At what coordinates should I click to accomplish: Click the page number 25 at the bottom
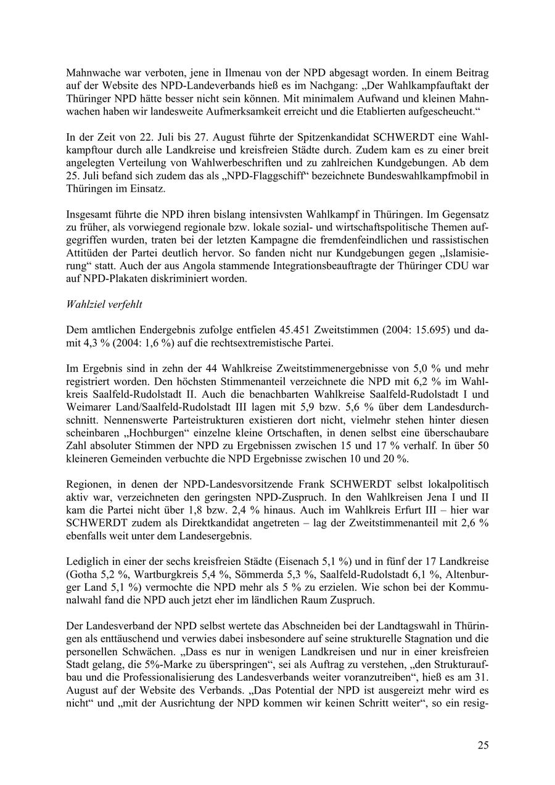click(x=483, y=745)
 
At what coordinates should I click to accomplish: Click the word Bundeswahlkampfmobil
click(x=421, y=176)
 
